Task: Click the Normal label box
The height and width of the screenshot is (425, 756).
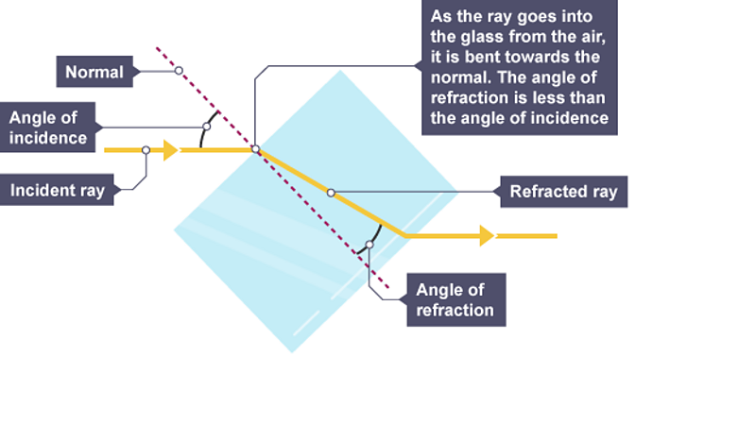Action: pos(94,72)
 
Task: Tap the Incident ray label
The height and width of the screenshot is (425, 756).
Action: pos(58,190)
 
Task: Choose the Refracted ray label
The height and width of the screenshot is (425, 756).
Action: pos(563,192)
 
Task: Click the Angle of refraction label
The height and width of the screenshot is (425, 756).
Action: pos(455,300)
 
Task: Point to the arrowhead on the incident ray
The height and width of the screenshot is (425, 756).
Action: pos(171,149)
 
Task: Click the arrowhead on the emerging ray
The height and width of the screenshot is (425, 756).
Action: pos(487,235)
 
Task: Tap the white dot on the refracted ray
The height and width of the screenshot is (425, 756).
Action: pos(331,193)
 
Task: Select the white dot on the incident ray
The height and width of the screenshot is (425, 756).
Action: pos(146,149)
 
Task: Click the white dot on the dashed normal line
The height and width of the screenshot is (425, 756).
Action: pos(179,71)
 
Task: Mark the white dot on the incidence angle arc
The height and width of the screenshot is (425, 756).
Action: pos(207,127)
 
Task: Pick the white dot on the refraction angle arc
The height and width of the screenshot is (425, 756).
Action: pos(369,245)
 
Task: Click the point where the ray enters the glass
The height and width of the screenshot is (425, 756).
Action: pos(255,149)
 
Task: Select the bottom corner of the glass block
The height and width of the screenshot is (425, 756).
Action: pos(292,352)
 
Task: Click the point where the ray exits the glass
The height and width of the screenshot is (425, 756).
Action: pos(405,235)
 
